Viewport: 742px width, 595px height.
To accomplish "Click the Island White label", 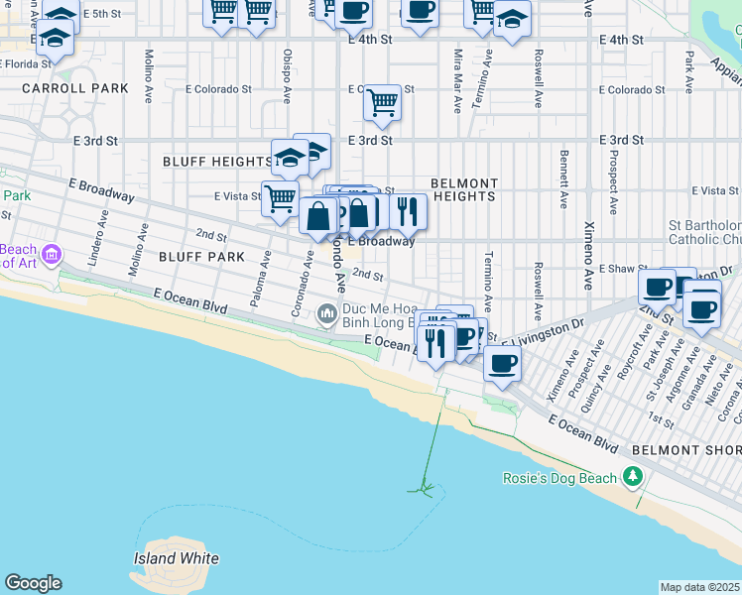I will pos(176,558).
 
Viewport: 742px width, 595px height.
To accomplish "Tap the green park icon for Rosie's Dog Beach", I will pos(633,478).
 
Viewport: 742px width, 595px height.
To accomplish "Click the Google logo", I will pos(33,583).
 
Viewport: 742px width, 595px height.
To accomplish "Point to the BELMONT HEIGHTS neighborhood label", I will pos(463,190).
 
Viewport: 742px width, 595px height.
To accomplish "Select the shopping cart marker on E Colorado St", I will pos(382,102).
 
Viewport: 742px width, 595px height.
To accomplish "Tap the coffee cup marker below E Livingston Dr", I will pos(503,364).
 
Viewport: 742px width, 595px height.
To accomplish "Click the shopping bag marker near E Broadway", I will pos(318,215).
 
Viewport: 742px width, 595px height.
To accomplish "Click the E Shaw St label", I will pos(622,269).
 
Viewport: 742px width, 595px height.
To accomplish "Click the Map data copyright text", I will pos(699,587).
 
